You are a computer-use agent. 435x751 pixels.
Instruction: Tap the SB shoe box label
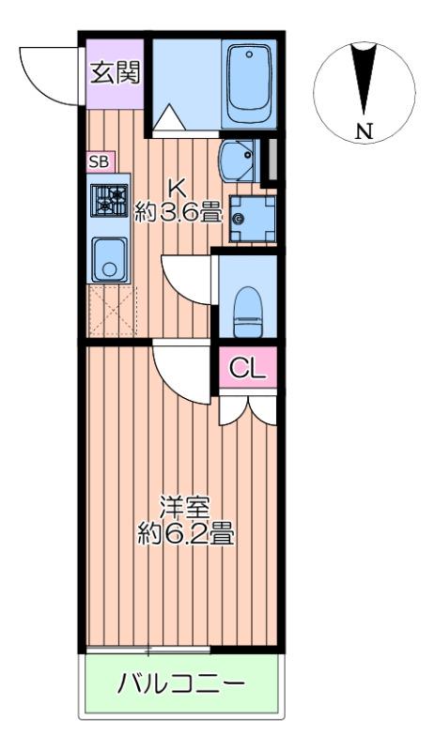[x=99, y=161]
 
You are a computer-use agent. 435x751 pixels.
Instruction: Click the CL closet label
[x=248, y=367]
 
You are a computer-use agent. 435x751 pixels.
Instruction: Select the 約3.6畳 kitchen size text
[x=179, y=212]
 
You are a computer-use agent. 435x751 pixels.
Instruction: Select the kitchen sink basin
[x=108, y=260]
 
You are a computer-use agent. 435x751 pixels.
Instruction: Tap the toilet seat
[x=248, y=310]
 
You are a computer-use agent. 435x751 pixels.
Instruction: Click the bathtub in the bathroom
[x=249, y=83]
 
